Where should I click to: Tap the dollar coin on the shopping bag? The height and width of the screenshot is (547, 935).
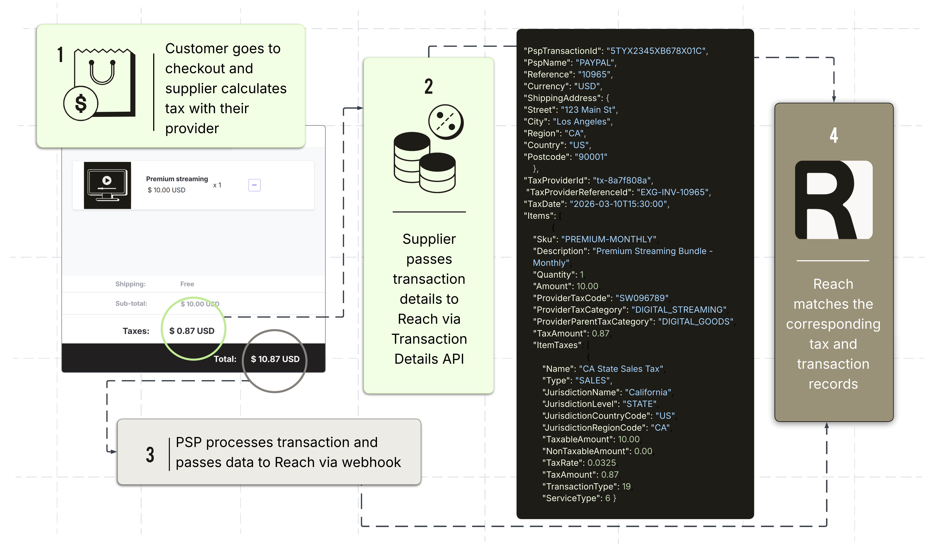tap(81, 104)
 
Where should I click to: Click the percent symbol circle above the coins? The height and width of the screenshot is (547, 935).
tap(446, 122)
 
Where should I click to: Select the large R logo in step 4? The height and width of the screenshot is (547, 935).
tap(834, 200)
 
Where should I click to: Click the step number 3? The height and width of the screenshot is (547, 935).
tap(150, 455)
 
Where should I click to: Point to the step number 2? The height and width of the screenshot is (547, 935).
tap(429, 86)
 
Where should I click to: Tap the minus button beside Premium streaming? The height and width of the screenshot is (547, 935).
tap(254, 185)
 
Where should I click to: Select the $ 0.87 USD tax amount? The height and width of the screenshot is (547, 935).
tap(192, 331)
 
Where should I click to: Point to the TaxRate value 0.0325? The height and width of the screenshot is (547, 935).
tap(601, 463)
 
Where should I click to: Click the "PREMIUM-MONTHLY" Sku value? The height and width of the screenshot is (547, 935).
tap(609, 239)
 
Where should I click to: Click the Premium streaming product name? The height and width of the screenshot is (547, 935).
tap(177, 179)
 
